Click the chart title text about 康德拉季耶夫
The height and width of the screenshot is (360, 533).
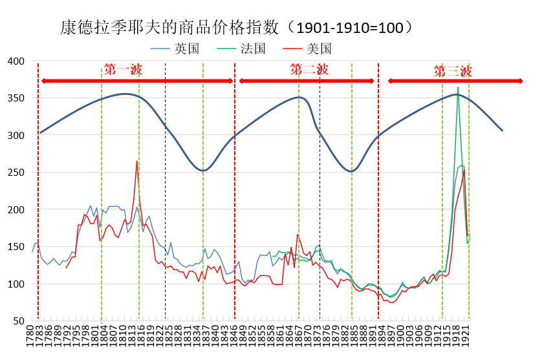[x=236, y=27]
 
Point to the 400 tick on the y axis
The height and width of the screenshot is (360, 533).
[x=16, y=61]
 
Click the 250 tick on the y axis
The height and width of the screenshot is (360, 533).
[x=16, y=173]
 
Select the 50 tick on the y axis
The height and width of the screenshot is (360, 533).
[x=18, y=321]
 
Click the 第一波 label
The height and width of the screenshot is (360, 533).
[x=123, y=70]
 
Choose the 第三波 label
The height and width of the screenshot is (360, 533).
[x=452, y=71]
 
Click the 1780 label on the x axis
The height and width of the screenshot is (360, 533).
[x=30, y=336]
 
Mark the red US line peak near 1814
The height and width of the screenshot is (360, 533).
[x=137, y=161]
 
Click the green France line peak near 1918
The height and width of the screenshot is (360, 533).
[x=458, y=87]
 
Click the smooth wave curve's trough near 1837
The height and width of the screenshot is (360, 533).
[x=203, y=171]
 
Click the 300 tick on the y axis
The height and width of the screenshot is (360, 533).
[x=16, y=135]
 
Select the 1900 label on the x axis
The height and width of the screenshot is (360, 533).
[x=401, y=336]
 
